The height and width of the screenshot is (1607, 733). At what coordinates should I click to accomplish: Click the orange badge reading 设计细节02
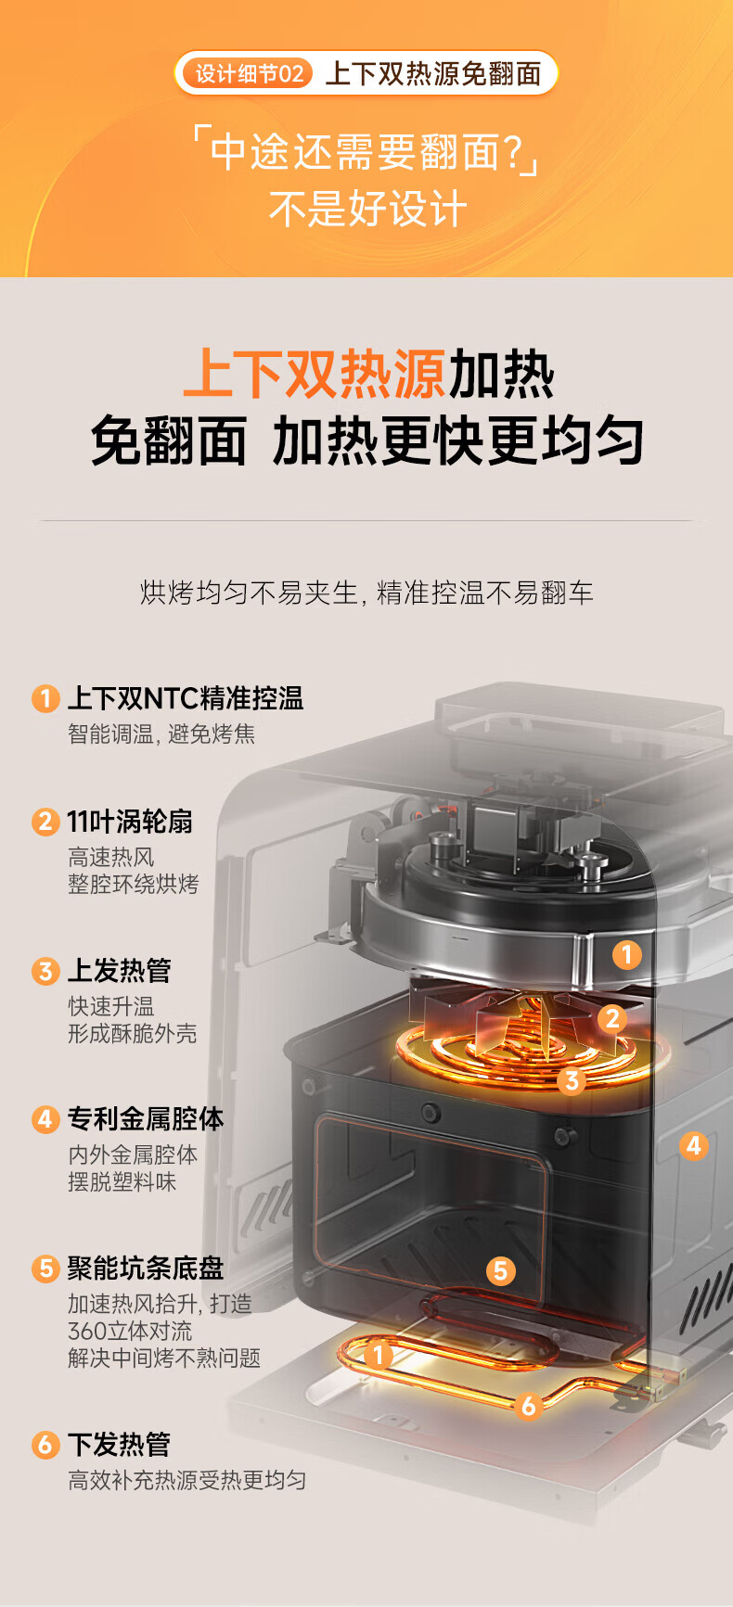[x=249, y=73]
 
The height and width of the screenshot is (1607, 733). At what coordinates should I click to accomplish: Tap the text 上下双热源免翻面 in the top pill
[x=433, y=73]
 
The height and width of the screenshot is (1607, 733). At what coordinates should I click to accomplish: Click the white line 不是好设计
[x=367, y=209]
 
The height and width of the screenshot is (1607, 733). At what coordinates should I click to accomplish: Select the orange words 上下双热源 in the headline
[x=315, y=374]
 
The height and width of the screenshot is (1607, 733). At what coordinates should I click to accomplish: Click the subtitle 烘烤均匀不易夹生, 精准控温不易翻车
[x=366, y=593]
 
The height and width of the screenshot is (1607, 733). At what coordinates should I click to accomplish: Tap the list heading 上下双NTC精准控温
[x=186, y=698]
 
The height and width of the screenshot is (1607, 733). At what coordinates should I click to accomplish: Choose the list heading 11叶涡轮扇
[x=130, y=822]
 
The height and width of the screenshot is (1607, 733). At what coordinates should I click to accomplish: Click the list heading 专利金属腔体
[x=146, y=1119]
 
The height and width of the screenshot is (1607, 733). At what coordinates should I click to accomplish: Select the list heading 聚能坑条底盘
[x=146, y=1268]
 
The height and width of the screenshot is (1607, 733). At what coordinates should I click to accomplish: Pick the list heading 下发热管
[x=119, y=1444]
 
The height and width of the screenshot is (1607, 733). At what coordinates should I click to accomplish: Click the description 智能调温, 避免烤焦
[x=161, y=734]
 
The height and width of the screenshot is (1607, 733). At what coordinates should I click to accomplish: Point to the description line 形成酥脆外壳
[x=133, y=1034]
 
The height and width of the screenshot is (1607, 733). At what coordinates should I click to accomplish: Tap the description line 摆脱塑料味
[x=122, y=1182]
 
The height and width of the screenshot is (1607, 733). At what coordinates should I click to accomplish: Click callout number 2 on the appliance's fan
[x=612, y=1019]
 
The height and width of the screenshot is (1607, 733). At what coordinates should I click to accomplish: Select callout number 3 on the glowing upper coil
[x=572, y=1080]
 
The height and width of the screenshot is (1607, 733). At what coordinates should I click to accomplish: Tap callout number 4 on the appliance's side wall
[x=693, y=1146]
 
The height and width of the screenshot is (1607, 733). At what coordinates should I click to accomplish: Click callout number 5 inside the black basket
[x=501, y=1270]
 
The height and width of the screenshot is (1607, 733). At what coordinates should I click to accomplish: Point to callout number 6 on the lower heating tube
[x=529, y=1406]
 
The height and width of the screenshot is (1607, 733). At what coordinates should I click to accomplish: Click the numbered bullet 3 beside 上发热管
[x=45, y=972]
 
